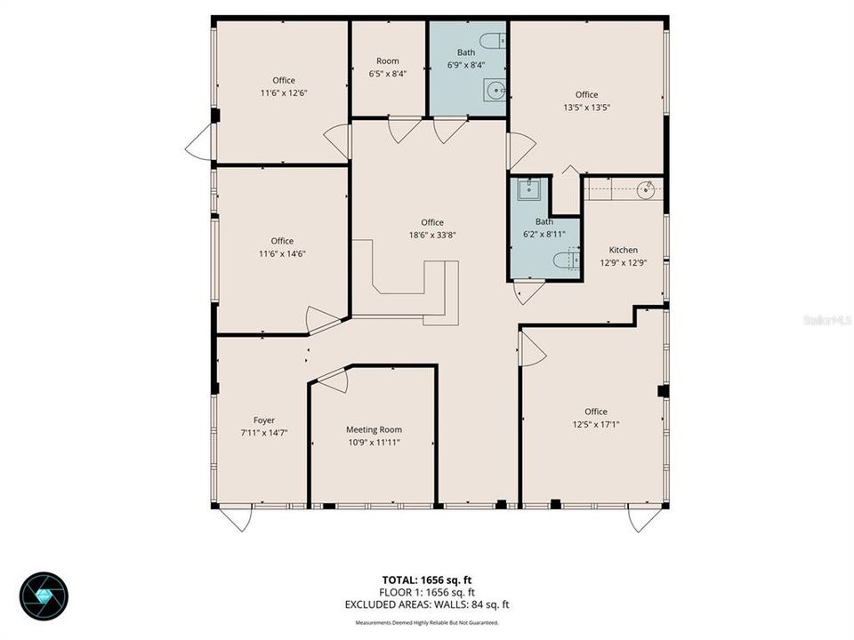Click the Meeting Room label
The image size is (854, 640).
[374, 429]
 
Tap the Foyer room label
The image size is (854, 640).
[264, 420]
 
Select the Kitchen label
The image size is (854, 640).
[623, 251]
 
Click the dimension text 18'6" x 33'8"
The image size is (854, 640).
[432, 236]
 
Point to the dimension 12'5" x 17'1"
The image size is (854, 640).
[596, 424]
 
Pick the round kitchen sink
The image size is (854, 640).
[647, 188]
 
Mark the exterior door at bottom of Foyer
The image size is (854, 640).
[237, 517]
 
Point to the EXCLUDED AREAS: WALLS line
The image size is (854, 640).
[427, 605]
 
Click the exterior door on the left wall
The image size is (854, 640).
[200, 143]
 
